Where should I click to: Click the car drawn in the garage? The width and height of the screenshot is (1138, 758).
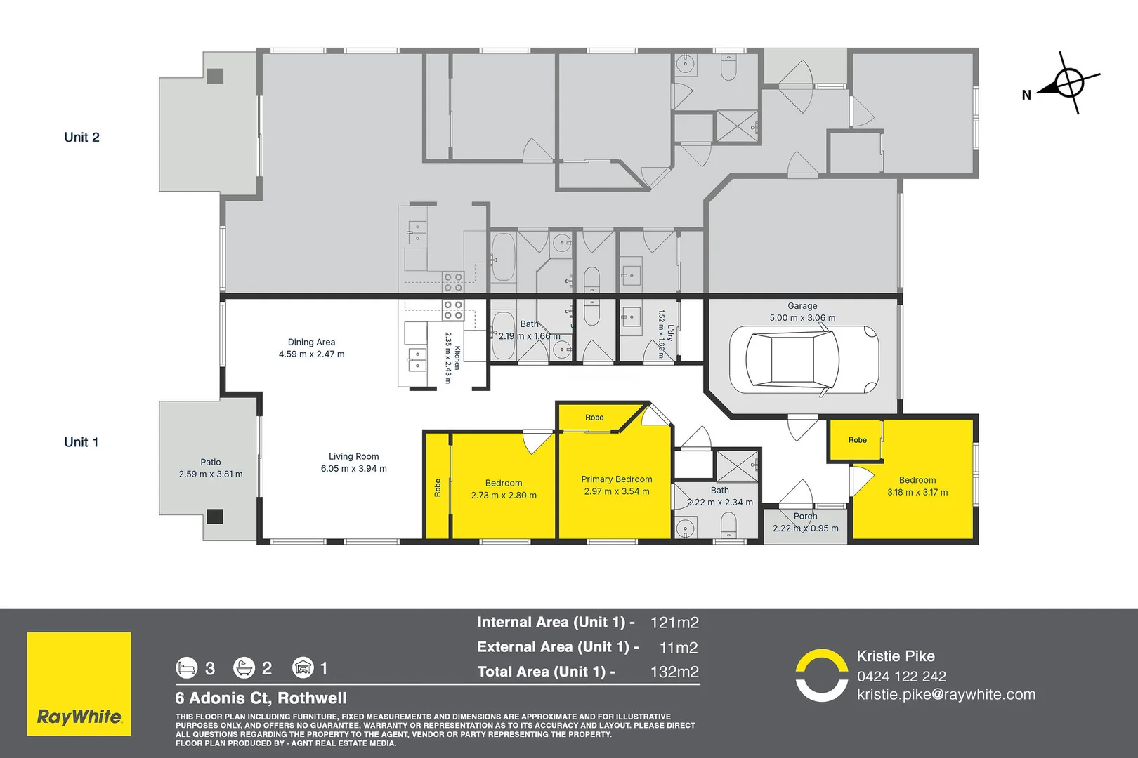(804, 359)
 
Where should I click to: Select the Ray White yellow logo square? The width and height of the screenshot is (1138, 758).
(79, 684)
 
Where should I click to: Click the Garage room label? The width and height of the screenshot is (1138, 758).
(802, 305)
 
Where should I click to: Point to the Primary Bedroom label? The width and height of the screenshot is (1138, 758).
(616, 479)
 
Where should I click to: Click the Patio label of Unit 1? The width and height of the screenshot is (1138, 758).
(210, 462)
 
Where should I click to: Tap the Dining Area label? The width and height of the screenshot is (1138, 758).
(311, 343)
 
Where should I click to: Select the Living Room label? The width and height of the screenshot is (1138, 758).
(353, 456)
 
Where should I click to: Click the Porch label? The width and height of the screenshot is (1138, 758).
(805, 516)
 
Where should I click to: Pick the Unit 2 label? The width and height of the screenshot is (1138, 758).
(81, 137)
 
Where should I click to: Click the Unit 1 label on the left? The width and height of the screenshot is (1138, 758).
(81, 442)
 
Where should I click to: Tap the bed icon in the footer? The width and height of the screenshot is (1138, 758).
(186, 667)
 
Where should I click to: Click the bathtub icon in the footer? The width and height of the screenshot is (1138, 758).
(244, 667)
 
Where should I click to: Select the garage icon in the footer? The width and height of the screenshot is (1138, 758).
(303, 667)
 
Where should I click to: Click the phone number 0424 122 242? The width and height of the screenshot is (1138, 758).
(902, 677)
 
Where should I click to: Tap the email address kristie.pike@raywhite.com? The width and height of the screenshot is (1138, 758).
(946, 694)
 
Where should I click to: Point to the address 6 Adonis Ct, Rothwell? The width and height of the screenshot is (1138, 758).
(261, 698)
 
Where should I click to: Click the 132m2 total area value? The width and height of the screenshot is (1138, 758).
(674, 672)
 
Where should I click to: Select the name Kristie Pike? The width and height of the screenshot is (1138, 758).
(896, 656)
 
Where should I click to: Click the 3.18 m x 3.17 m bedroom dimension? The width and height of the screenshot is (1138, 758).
(917, 492)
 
